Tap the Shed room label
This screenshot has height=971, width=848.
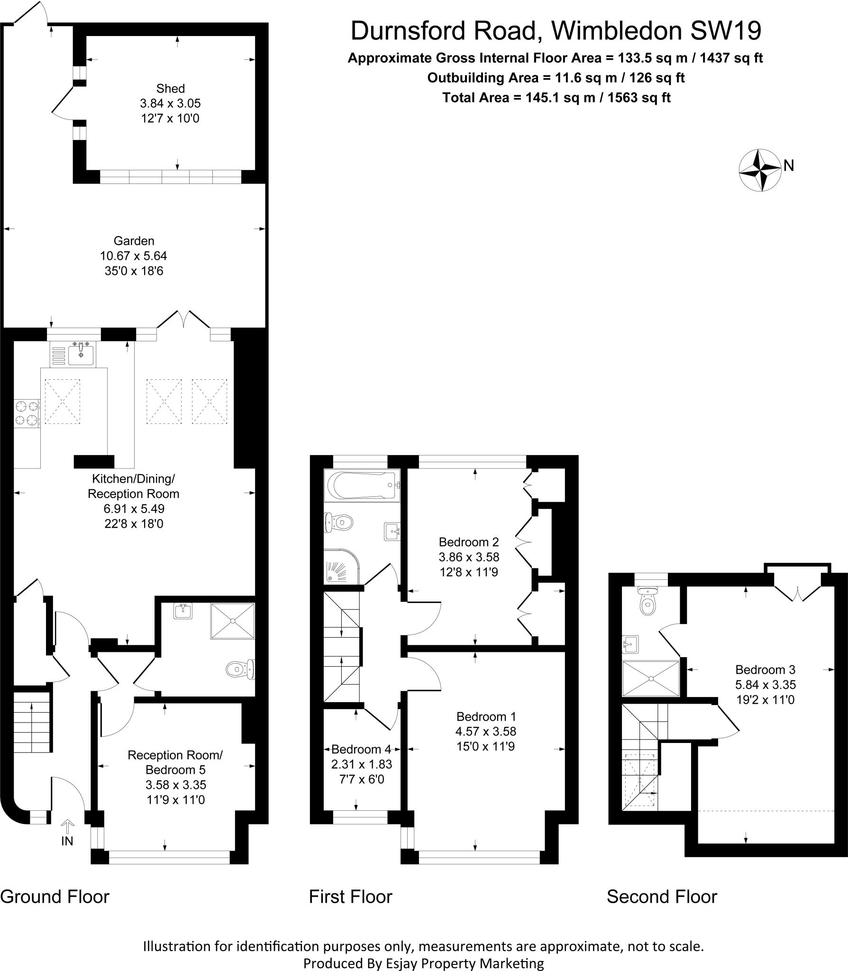click(170, 89)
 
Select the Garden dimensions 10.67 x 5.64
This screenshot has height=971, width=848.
click(133, 256)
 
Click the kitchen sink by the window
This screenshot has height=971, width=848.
click(81, 354)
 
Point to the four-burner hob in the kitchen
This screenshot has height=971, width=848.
click(27, 413)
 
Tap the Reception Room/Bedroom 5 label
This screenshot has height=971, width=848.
click(175, 762)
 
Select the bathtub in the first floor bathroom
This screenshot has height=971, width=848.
click(362, 485)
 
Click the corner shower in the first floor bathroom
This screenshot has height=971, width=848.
click(341, 568)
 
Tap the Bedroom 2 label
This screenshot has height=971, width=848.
click(468, 541)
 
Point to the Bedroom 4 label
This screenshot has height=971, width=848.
click(361, 749)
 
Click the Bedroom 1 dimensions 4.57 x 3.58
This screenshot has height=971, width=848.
click(485, 731)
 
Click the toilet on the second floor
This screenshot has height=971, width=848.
click(646, 601)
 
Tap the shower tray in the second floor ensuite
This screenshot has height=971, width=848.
click(651, 678)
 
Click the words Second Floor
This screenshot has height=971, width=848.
click(662, 897)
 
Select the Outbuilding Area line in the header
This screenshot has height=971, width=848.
click(556, 78)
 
